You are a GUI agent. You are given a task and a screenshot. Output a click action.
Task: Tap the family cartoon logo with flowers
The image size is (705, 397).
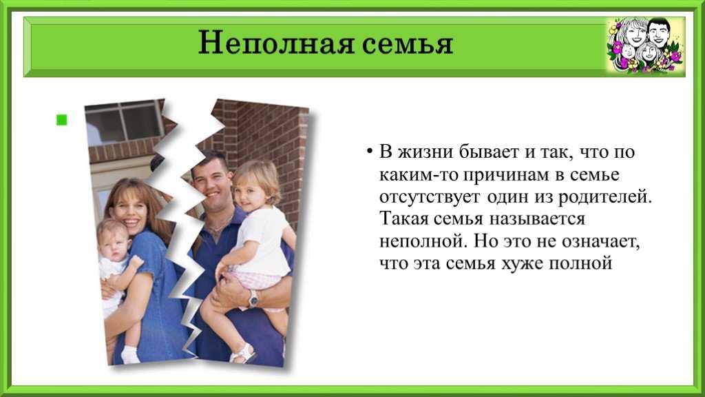pos(645,45)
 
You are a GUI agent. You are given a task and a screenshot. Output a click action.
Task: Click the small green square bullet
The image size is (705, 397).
pos(61,120)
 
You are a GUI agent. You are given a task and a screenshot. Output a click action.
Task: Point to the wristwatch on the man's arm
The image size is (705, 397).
pos(253,298)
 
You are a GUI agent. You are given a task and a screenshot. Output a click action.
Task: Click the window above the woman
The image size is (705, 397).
pos(124,121)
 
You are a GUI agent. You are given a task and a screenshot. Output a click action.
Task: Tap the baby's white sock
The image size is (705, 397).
pos(130,355)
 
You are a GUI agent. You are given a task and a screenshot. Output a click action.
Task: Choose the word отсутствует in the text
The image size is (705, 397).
pos(430,197)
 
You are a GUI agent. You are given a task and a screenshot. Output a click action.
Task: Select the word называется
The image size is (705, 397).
pos(537,219)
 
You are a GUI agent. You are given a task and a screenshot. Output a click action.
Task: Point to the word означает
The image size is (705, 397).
pos(600,242)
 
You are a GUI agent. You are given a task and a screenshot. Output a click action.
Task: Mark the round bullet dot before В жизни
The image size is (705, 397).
pos(369,151)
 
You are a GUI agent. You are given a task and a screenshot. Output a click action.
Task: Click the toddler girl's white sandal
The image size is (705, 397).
pos(243,354)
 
